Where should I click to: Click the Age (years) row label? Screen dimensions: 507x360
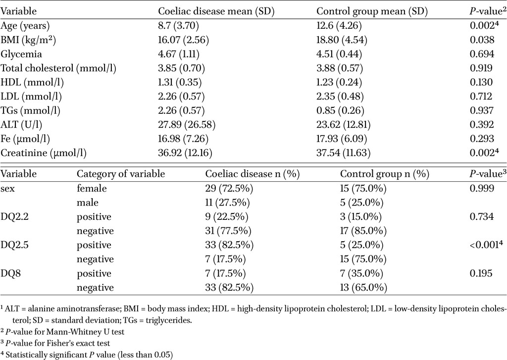point(25,26)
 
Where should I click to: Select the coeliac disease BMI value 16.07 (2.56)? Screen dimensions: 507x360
point(183,40)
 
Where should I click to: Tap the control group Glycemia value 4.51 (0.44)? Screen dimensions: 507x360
point(339,54)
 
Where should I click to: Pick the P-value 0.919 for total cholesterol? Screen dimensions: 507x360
point(481,68)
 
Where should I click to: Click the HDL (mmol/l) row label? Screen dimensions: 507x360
point(32,83)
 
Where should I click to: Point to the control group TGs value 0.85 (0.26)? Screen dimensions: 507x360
point(340,110)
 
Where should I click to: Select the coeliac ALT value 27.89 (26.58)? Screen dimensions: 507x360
point(187,125)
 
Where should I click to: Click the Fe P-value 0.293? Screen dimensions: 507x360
point(482,139)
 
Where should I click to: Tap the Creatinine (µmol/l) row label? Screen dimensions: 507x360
point(44,153)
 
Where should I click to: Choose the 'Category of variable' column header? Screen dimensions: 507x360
point(121,174)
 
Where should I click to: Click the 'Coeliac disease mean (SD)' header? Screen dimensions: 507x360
point(216,12)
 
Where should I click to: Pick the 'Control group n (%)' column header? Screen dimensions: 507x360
point(384,174)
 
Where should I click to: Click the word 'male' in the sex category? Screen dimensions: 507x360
point(87,203)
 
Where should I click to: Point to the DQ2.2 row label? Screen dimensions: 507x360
point(14,217)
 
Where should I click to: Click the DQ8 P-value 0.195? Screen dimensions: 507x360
point(481,273)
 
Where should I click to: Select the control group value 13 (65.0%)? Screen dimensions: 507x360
point(363,288)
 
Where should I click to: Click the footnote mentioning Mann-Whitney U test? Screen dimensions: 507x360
point(62,332)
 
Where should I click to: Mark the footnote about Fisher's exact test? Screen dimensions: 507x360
point(55,343)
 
